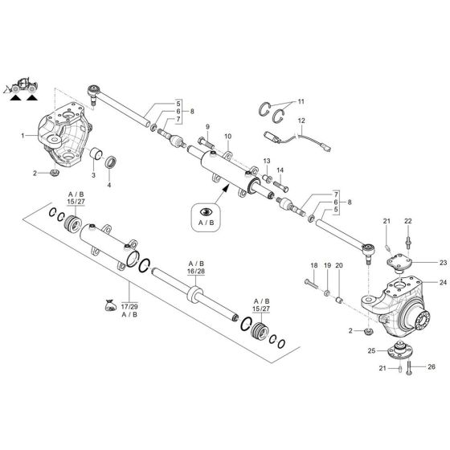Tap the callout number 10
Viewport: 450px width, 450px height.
(x=227, y=137)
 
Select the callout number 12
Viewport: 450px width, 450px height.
(x=301, y=121)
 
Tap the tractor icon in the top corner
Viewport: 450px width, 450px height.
(x=22, y=86)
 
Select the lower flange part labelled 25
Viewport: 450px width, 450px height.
(x=395, y=350)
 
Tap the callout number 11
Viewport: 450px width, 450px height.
(x=301, y=102)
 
